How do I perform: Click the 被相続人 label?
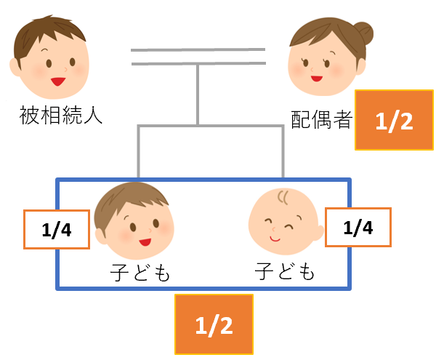[x=62, y=114]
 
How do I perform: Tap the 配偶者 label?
[x=320, y=120]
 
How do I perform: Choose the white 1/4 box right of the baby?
[x=358, y=228]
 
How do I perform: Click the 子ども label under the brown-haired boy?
[x=140, y=273]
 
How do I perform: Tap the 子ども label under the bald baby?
[x=286, y=272]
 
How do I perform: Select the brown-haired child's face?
[x=138, y=226]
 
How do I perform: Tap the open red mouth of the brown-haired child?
[x=143, y=242]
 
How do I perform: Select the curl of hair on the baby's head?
[x=284, y=197]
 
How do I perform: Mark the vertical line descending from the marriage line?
[x=198, y=95]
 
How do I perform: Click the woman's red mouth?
[x=315, y=77]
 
